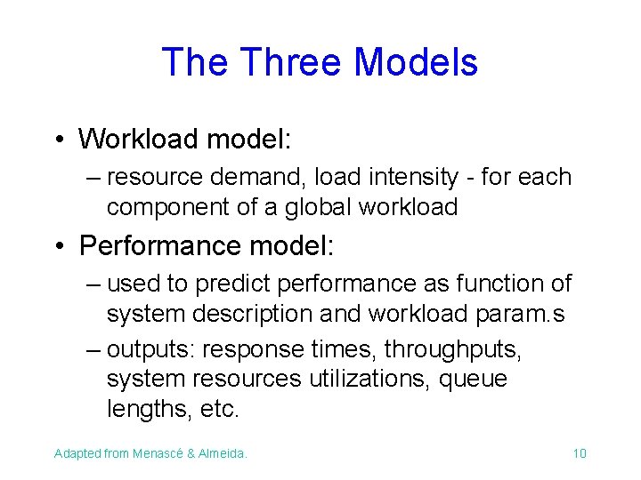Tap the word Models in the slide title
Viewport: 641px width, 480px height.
click(x=416, y=62)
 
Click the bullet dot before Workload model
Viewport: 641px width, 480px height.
click(x=57, y=140)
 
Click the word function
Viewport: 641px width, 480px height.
click(x=500, y=284)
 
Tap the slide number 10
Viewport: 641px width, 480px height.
click(x=580, y=453)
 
